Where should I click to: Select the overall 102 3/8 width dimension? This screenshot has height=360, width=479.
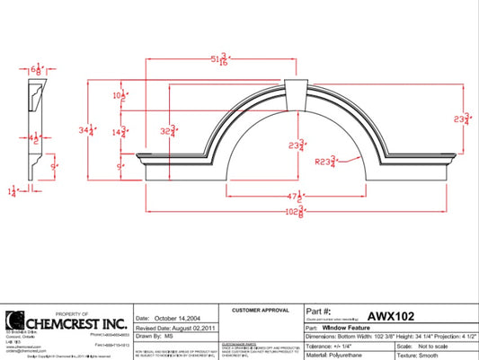click(x=295, y=213)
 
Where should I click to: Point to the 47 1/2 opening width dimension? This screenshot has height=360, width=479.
click(x=294, y=195)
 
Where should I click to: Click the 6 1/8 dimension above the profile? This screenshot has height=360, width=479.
click(x=37, y=68)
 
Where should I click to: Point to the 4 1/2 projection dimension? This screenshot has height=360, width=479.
click(x=34, y=138)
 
